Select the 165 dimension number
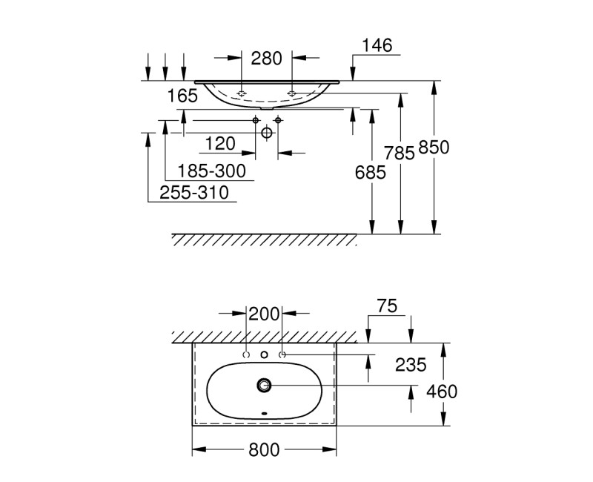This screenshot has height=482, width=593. pos(182,96)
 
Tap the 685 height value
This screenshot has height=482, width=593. pos(371,173)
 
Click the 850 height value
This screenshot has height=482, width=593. pos(434,147)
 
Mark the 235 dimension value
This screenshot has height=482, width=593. pos(411,364)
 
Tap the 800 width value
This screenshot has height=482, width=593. pos(265,449)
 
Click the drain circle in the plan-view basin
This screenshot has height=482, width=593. pos(265,385)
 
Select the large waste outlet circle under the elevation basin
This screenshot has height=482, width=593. pos(267,132)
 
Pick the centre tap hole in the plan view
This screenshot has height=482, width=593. pos(265,355)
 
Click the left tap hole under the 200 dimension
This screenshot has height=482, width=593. pos(247,355)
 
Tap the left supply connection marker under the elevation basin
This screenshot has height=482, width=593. pos(256,120)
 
